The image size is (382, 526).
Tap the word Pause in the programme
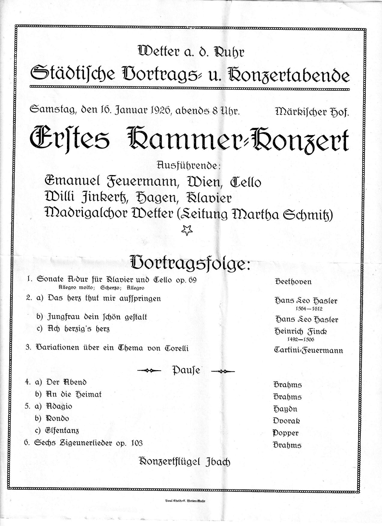pos(186,370)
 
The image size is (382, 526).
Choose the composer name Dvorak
pos(286,421)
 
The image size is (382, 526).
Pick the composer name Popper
pos(285,433)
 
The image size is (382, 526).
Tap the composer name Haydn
pos(285,409)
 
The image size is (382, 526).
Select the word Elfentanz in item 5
pos(62,431)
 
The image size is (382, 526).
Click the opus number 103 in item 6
pos(136,443)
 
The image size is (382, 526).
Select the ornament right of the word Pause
pos(223,371)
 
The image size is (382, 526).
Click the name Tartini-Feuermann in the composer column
pos(308,350)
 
